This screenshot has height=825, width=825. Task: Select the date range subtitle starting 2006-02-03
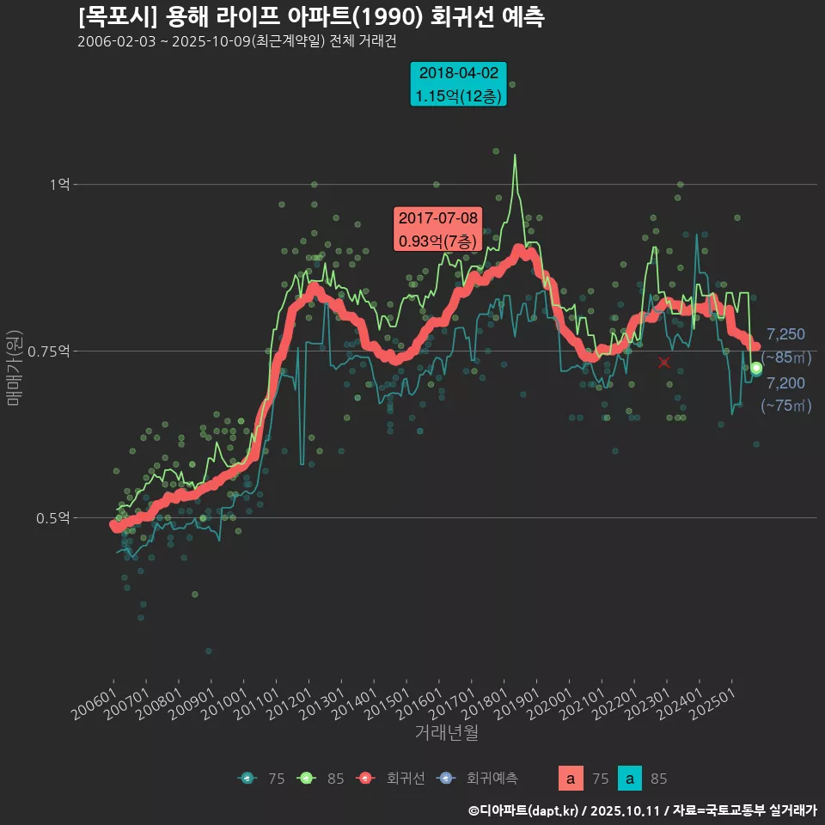235,41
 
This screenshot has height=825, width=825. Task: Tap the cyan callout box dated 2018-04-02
458,84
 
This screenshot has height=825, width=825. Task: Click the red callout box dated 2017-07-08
437,229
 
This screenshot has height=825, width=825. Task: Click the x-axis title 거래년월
446,732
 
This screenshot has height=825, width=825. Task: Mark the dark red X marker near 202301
664,363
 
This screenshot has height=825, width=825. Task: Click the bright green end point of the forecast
756,368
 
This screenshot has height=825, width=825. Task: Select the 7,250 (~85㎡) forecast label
785,345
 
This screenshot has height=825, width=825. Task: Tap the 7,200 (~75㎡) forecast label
785,394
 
